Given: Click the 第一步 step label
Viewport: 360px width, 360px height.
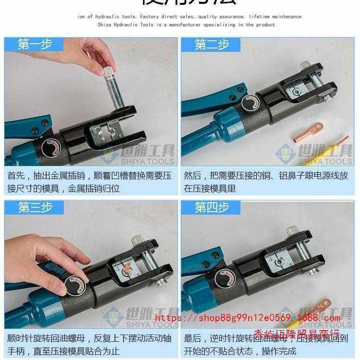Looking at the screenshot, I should pyautogui.click(x=34, y=45).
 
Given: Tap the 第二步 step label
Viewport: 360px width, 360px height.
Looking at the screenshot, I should pyautogui.click(x=212, y=45).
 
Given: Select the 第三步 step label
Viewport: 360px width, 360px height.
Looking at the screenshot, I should pyautogui.click(x=34, y=207).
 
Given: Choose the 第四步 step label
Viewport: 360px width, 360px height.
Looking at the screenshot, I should pyautogui.click(x=212, y=207).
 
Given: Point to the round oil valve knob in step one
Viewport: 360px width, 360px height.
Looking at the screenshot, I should pyautogui.click(x=50, y=147).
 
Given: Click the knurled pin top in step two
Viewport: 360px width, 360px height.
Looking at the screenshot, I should pyautogui.click(x=305, y=66).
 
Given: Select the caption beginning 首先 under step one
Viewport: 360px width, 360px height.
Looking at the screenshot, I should pyautogui.click(x=89, y=182).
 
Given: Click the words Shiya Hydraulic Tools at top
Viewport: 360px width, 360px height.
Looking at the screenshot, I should pyautogui.click(x=125, y=24).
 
